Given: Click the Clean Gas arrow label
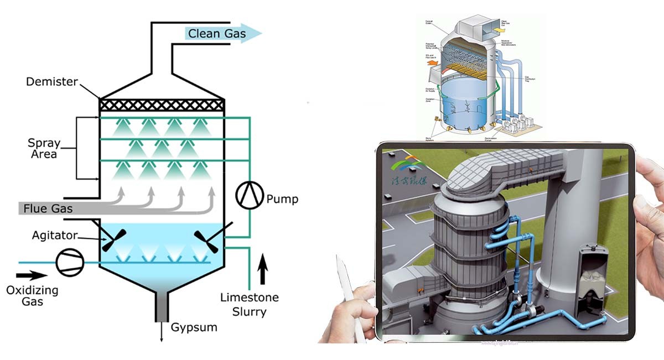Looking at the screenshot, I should pos(217,34).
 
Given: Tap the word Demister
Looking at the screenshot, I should pos(51,82).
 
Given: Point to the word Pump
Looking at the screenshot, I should pos(282,199).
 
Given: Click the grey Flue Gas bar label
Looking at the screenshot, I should pos(48,208).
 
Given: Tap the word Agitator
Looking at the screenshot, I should pos(55,235).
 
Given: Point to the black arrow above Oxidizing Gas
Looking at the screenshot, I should pos(31,274).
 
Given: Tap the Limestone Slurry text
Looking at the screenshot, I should pos(250,305).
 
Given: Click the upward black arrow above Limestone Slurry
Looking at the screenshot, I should pos(263,269).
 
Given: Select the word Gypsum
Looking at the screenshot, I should pos(194,327).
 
